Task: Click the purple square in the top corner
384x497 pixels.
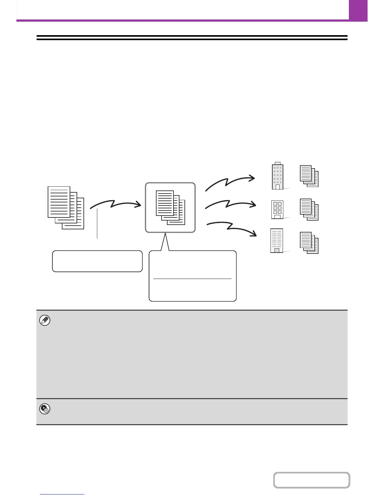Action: pyautogui.click(x=358, y=10)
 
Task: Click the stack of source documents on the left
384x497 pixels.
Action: pyautogui.click(x=66, y=207)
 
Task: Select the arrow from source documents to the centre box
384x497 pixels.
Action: pyautogui.click(x=115, y=204)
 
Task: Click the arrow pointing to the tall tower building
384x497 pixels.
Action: pyautogui.click(x=230, y=183)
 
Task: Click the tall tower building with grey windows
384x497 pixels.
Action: pyautogui.click(x=277, y=176)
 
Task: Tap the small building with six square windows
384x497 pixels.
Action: pyautogui.click(x=277, y=210)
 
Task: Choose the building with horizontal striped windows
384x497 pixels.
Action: pyautogui.click(x=277, y=241)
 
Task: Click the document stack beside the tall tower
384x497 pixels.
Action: pyautogui.click(x=309, y=176)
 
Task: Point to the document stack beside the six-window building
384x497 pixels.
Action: pyautogui.click(x=309, y=209)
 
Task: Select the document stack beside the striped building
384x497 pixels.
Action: pyautogui.click(x=309, y=243)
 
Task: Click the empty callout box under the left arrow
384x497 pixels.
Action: pyautogui.click(x=97, y=261)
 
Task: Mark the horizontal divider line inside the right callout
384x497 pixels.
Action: pyautogui.click(x=192, y=279)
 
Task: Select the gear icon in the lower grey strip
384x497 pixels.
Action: pyautogui.click(x=45, y=409)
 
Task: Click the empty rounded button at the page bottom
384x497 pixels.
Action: pyautogui.click(x=312, y=480)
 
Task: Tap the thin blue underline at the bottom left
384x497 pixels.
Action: pyautogui.click(x=62, y=494)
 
